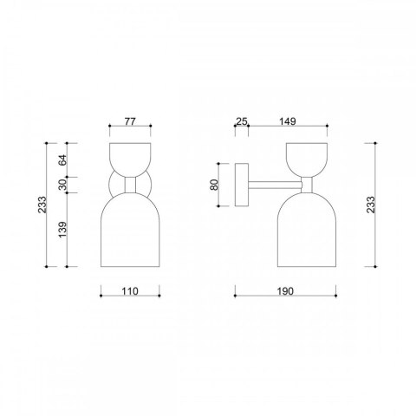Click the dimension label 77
pos(130,121)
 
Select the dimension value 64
pos(62,160)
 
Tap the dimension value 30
pos(62,185)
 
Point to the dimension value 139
pos(62,230)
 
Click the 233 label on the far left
pos(42,205)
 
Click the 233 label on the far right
pos(370,205)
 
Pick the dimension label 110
pos(130,291)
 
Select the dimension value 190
pos(285,291)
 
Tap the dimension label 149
pos(288,121)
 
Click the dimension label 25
pos(242,121)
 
